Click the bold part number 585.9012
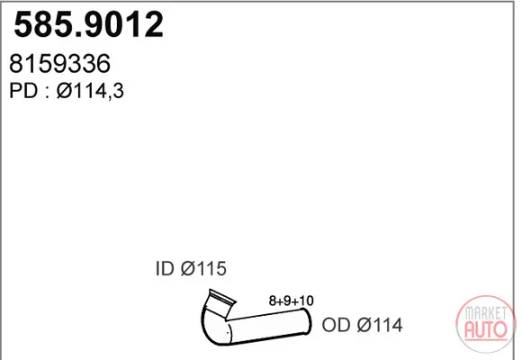[88, 24]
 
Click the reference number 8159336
[60, 63]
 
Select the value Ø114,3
[90, 91]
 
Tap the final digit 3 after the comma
[118, 91]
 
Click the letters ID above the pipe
[165, 268]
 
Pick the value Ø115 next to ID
[203, 268]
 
